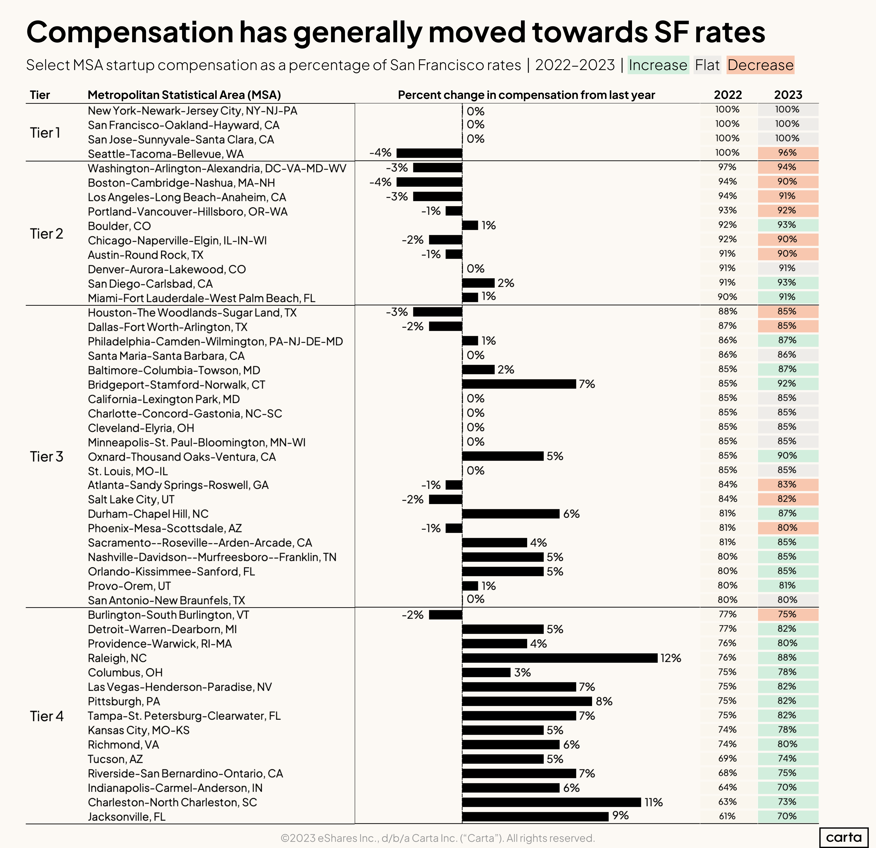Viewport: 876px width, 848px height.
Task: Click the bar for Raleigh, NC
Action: tap(560, 658)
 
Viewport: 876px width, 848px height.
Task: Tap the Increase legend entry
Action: tap(658, 65)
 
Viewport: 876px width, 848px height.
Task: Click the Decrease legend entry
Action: tap(760, 65)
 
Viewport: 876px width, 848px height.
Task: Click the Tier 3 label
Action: tap(46, 457)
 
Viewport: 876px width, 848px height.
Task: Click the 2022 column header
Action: tap(728, 95)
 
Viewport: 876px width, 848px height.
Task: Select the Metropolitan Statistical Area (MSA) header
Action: tap(184, 95)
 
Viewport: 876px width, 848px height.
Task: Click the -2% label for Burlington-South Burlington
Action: tap(412, 615)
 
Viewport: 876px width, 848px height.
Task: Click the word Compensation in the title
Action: tap(130, 32)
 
